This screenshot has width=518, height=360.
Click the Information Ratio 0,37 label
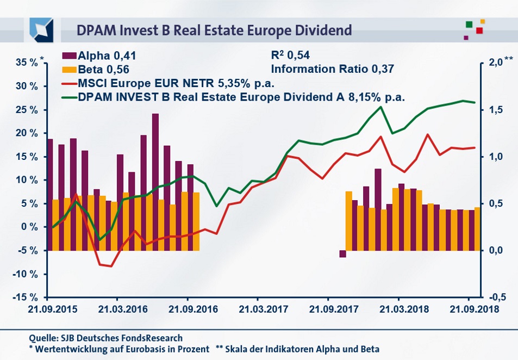coord(331,69)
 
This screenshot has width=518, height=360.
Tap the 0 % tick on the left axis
coord(30,227)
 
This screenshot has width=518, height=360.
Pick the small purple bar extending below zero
coord(342,254)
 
